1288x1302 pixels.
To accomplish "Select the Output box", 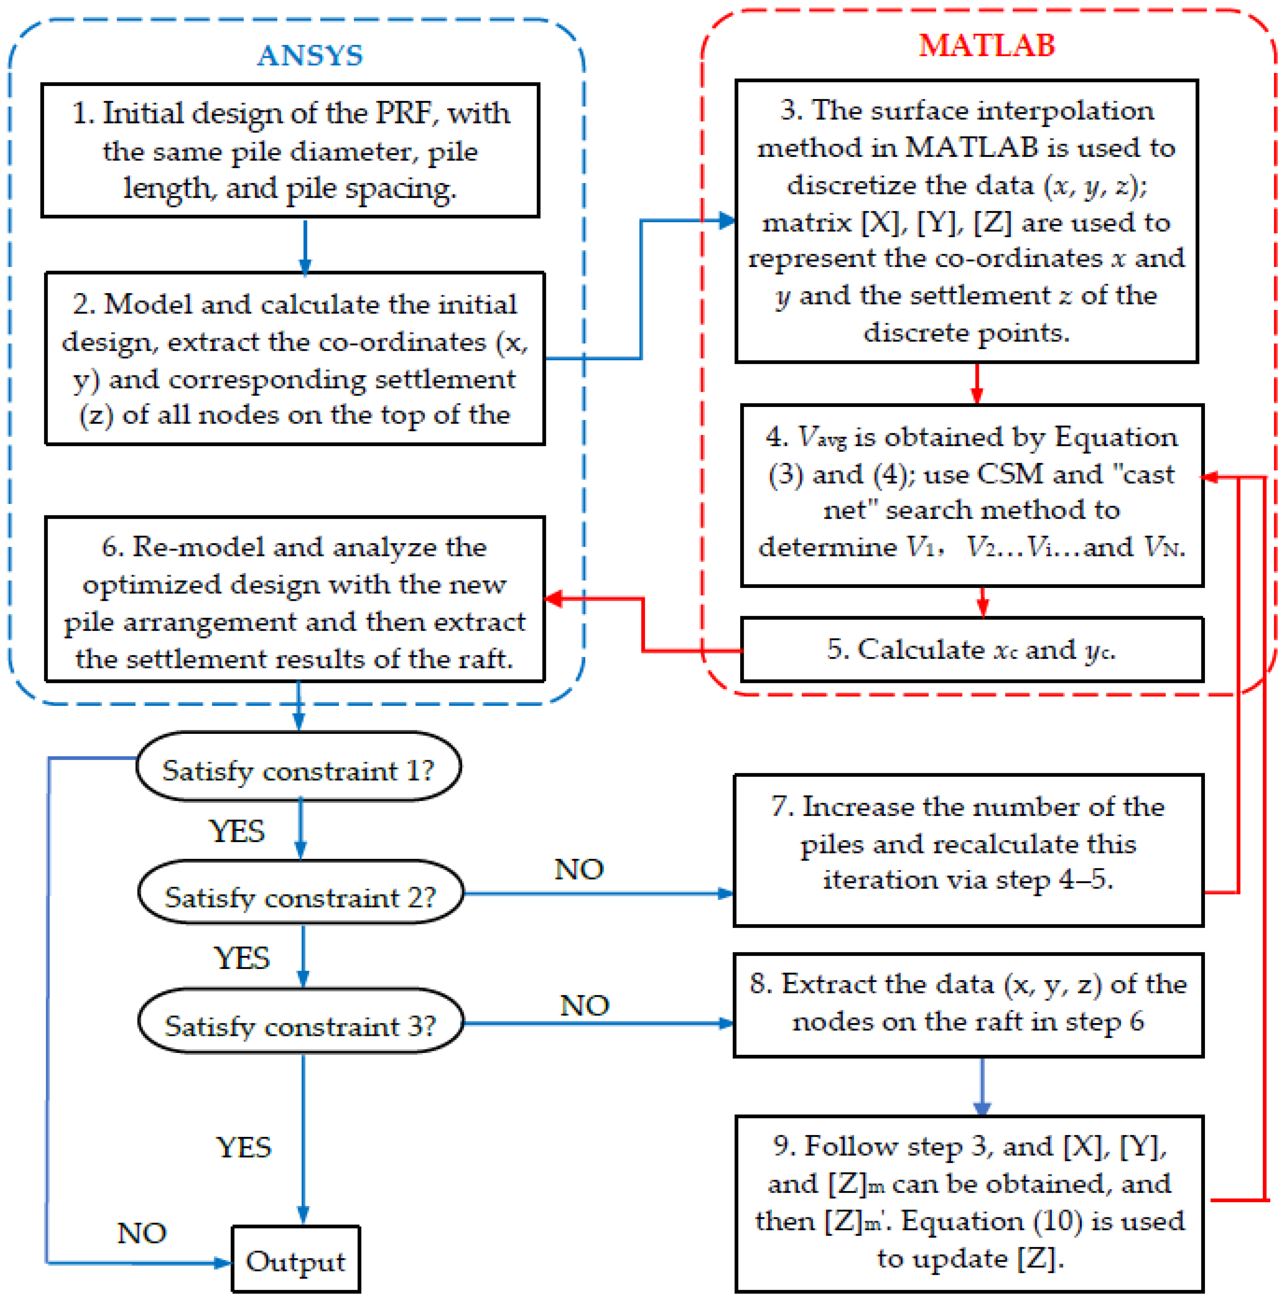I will [295, 1260].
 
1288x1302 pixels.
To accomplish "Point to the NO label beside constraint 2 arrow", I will [578, 869].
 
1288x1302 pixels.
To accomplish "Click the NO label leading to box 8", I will [584, 1006].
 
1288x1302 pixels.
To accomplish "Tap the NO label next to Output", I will [141, 1233].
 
